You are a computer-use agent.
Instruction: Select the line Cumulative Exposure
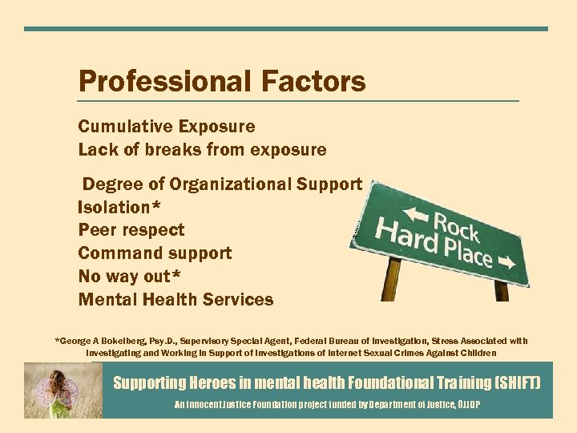coord(167,127)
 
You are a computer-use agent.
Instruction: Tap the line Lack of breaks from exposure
coord(202,149)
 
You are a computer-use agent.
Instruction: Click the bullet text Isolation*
coord(119,207)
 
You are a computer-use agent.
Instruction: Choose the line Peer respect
coord(131,230)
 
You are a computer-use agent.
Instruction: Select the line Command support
coord(155,253)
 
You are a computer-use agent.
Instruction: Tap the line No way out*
coord(128,277)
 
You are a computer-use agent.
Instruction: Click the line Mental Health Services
coord(176,300)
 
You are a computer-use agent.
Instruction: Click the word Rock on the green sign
coord(456,225)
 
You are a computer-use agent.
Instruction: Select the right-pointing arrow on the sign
coord(506,261)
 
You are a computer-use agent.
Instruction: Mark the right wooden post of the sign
coord(502,290)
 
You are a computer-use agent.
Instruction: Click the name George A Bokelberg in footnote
coord(100,341)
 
